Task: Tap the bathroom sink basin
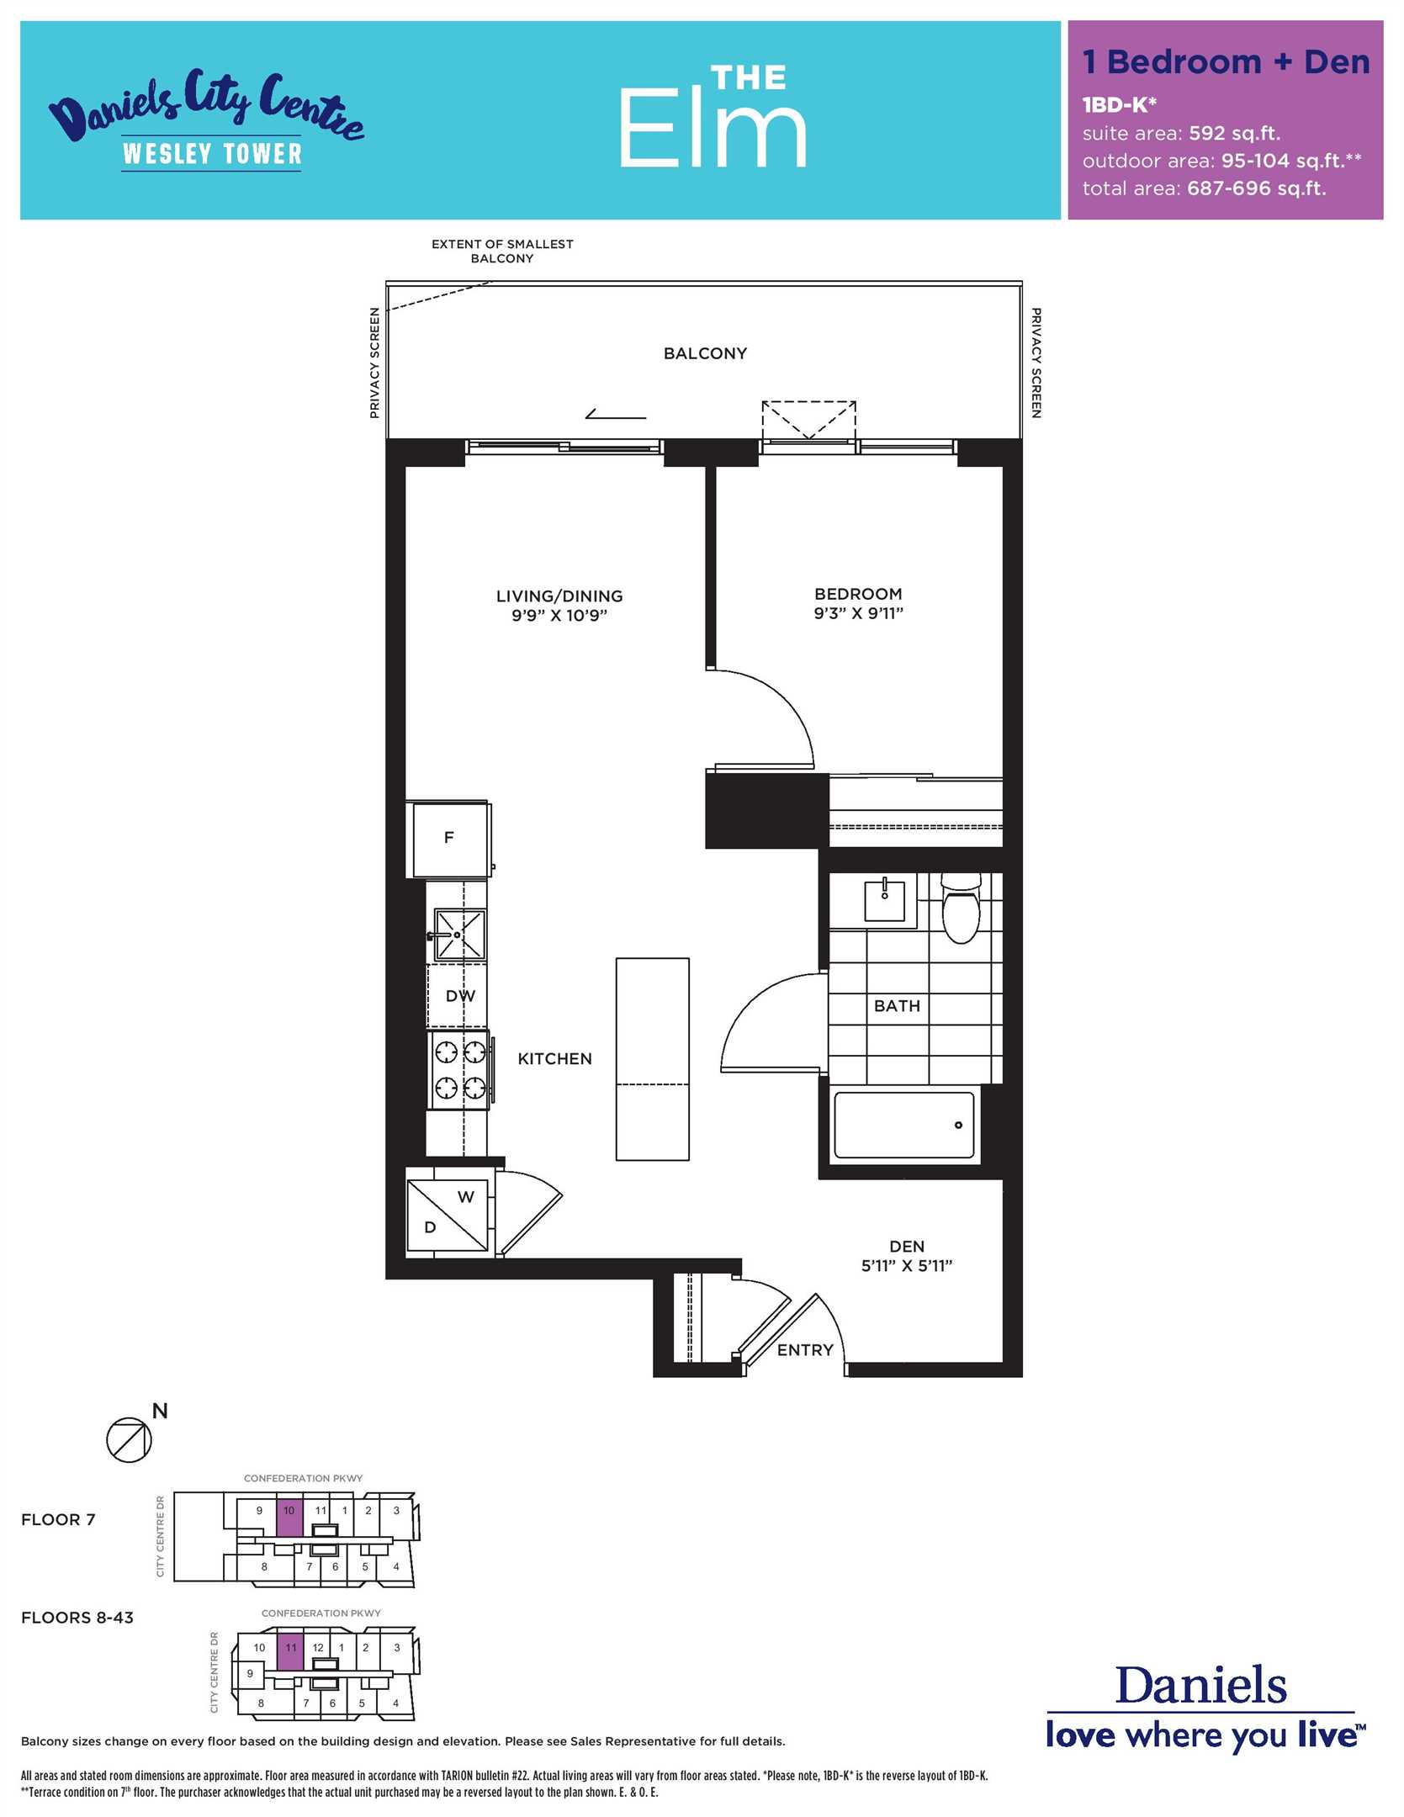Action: [885, 900]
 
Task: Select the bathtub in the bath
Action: [904, 1124]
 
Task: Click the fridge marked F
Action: [448, 839]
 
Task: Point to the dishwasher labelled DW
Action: [458, 996]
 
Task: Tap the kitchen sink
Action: [459, 935]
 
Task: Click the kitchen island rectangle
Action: [653, 1059]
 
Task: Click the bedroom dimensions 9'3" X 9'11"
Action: [858, 612]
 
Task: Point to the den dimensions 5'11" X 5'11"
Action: [907, 1265]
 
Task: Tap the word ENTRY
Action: [805, 1349]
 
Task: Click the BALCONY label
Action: [705, 353]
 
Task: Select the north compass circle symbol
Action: [129, 1439]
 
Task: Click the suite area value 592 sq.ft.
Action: [1234, 133]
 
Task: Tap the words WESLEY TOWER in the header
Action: [212, 154]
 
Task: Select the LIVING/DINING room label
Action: [559, 596]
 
